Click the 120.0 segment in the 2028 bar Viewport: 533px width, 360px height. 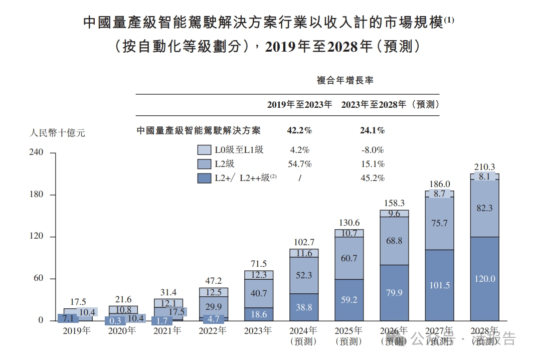[484, 279]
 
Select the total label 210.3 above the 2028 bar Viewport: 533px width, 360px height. [484, 167]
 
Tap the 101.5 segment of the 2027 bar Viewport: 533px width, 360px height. [439, 285]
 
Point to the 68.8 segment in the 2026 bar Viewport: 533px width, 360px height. [394, 241]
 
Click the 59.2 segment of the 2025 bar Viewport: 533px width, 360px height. [349, 300]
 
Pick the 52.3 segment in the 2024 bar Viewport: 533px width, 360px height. [304, 275]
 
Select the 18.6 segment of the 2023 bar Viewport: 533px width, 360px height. [259, 314]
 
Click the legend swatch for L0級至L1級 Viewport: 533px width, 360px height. [204, 150]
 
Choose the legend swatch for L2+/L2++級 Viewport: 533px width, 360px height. [204, 178]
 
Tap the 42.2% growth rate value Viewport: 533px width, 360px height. [299, 131]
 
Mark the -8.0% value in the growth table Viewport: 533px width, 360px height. [372, 150]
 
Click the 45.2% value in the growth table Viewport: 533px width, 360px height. [372, 178]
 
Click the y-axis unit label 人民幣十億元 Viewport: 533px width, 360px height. [58, 133]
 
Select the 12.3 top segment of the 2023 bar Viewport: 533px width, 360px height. [259, 275]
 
